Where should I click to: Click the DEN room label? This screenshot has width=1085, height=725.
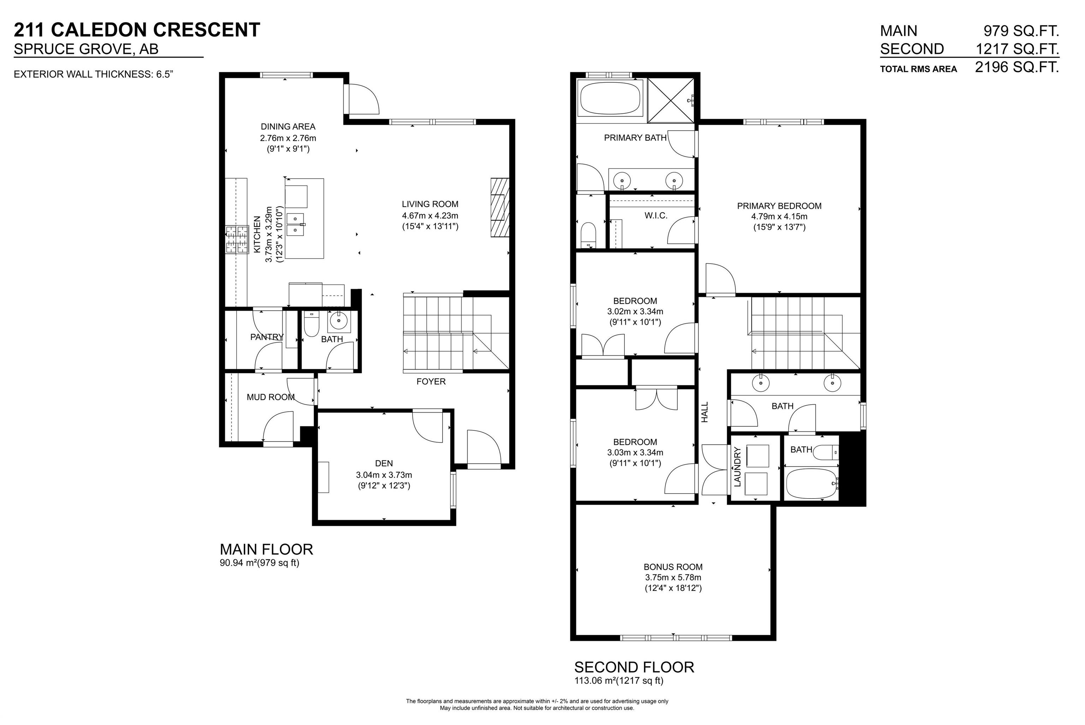[x=384, y=463]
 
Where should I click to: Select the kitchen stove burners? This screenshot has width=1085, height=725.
[x=237, y=239]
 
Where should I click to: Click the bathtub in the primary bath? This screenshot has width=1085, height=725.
[x=610, y=98]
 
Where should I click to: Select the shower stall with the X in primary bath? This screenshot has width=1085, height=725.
[x=670, y=100]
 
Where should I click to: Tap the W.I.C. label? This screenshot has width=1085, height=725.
[x=656, y=216]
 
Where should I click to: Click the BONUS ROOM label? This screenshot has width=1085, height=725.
[x=673, y=567]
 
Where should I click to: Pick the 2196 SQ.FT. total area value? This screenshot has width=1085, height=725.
[x=1016, y=67]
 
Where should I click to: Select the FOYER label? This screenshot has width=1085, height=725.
[x=431, y=382]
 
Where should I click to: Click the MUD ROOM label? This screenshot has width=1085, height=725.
[x=270, y=397]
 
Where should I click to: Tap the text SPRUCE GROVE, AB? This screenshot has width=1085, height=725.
[x=86, y=49]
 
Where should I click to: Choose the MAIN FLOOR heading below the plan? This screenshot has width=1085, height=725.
[x=266, y=549]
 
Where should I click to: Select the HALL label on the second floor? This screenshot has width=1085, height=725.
[x=705, y=412]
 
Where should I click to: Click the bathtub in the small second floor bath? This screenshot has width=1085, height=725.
[x=811, y=484]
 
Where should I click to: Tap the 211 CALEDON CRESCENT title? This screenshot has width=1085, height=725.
[x=137, y=30]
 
